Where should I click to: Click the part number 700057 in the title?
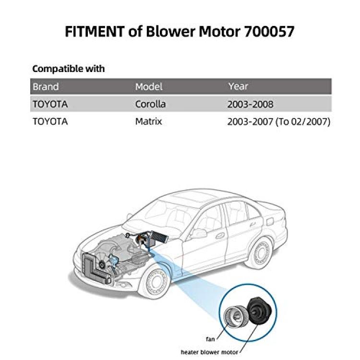coord(269,32)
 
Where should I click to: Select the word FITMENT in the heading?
coord(95,32)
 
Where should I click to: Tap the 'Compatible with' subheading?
coord(69,69)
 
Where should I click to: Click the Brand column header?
coord(46,87)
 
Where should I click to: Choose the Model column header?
coord(149,87)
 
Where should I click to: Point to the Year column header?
coord(238,86)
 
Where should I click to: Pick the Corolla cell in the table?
coord(150,104)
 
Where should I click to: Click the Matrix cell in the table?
coord(148,121)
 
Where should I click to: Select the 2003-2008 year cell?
coord(250,104)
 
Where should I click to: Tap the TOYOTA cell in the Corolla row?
coord(50,104)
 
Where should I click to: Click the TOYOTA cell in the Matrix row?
coord(50,121)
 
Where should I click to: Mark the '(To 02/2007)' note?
coord(303,121)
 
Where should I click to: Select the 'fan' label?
coord(210,339)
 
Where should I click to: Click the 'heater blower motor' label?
coord(209,352)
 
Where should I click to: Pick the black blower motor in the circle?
coord(260,311)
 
